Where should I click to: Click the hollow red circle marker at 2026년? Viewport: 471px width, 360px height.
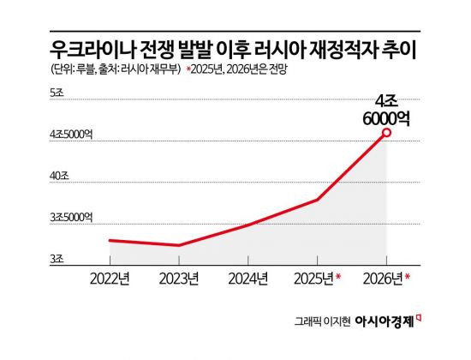pyautogui.click(x=387, y=132)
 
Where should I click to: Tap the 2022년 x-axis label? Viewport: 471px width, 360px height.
pyautogui.click(x=109, y=277)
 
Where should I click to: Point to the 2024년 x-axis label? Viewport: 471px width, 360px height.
pyautogui.click(x=247, y=277)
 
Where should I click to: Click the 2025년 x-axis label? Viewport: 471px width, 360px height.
pyautogui.click(x=313, y=277)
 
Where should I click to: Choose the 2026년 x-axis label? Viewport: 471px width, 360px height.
pyautogui.click(x=383, y=277)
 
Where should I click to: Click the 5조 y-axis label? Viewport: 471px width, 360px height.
pyautogui.click(x=57, y=92)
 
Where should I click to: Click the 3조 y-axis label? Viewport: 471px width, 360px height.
pyautogui.click(x=57, y=258)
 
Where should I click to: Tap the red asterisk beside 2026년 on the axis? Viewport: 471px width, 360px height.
pyautogui.click(x=408, y=276)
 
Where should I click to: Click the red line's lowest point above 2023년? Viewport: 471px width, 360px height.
pyautogui.click(x=178, y=245)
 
